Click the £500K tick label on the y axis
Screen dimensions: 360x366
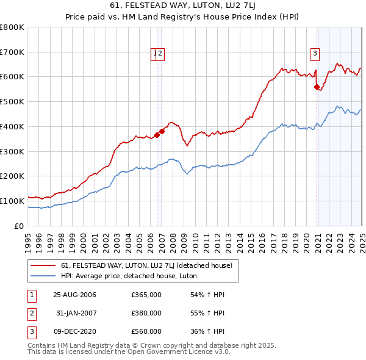click(12, 101)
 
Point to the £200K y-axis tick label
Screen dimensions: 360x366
click(12, 176)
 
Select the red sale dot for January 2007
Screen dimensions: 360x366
click(162, 131)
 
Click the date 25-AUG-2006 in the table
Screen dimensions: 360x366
click(75, 295)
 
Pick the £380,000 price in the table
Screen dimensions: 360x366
click(146, 313)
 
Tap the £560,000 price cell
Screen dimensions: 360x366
click(146, 331)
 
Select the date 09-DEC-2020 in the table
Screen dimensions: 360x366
click(75, 331)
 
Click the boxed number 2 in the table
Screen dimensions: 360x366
click(31, 313)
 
